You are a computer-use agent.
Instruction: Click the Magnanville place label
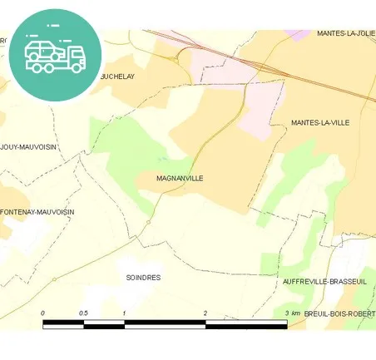(180, 178)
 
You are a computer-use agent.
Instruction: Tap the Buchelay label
(117, 76)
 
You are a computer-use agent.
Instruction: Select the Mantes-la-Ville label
(320, 122)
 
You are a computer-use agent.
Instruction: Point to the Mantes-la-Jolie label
(344, 33)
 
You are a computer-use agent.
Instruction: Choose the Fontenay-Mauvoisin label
(37, 212)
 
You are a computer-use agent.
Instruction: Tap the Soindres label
(143, 277)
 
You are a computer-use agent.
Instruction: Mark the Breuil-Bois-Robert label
(339, 313)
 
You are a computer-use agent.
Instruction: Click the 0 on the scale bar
(43, 313)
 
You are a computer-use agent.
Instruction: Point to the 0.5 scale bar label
(84, 313)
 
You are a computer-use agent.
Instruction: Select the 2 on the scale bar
(205, 313)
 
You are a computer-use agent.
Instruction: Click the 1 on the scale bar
(125, 313)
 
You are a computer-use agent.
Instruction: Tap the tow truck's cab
(75, 57)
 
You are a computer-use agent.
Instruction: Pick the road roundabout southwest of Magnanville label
(148, 222)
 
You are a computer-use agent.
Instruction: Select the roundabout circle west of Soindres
(54, 279)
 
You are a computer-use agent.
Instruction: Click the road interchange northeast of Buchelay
(176, 59)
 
